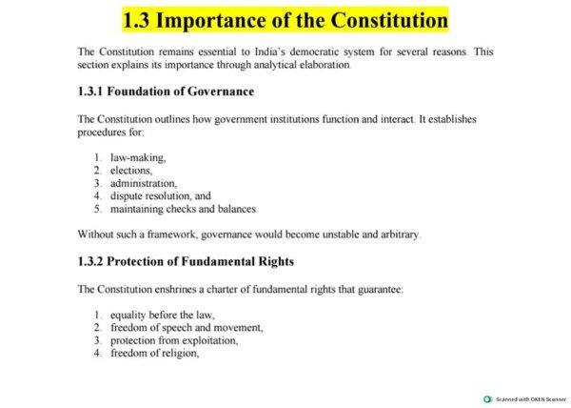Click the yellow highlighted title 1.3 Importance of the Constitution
(x=285, y=19)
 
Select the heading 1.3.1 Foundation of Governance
(x=166, y=92)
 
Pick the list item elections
(x=131, y=170)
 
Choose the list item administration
(x=144, y=182)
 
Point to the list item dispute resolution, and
(x=160, y=195)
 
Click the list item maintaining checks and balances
(x=183, y=208)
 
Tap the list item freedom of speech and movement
(x=187, y=327)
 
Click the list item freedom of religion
(x=154, y=353)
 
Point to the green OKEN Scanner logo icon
(x=487, y=399)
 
